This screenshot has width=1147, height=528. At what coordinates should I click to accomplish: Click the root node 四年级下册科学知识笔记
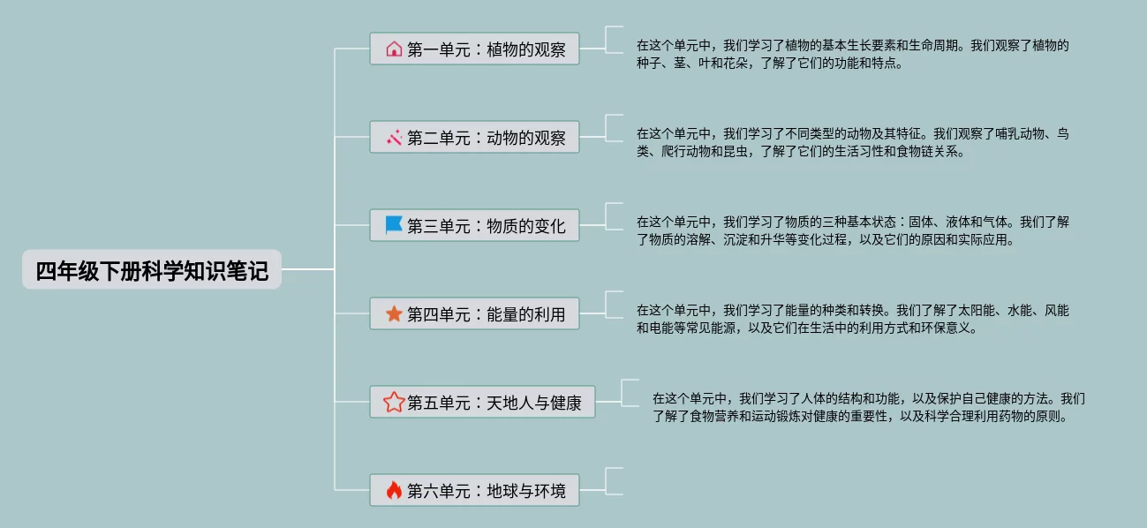point(151,270)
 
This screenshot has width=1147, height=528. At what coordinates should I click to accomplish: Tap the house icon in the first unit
point(394,49)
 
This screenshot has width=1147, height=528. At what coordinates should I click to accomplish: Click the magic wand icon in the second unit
point(394,138)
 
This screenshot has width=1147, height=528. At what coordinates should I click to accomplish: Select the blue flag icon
point(394,225)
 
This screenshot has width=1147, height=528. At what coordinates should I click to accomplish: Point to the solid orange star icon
point(394,313)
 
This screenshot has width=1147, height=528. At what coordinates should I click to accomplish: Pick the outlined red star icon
point(394,403)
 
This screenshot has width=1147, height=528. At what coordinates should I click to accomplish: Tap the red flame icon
point(394,490)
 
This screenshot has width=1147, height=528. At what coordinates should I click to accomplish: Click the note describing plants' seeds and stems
point(852,54)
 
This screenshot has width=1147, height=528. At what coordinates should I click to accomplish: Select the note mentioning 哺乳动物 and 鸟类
point(852,142)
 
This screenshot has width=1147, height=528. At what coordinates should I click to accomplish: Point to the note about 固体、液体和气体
point(852,230)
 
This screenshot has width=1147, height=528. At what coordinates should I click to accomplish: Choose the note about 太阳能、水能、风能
point(852,319)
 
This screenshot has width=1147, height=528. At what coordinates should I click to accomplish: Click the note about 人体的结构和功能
point(868,407)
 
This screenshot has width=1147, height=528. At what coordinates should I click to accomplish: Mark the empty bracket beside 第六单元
point(615,480)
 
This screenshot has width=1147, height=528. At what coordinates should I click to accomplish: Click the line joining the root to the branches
point(308,269)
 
